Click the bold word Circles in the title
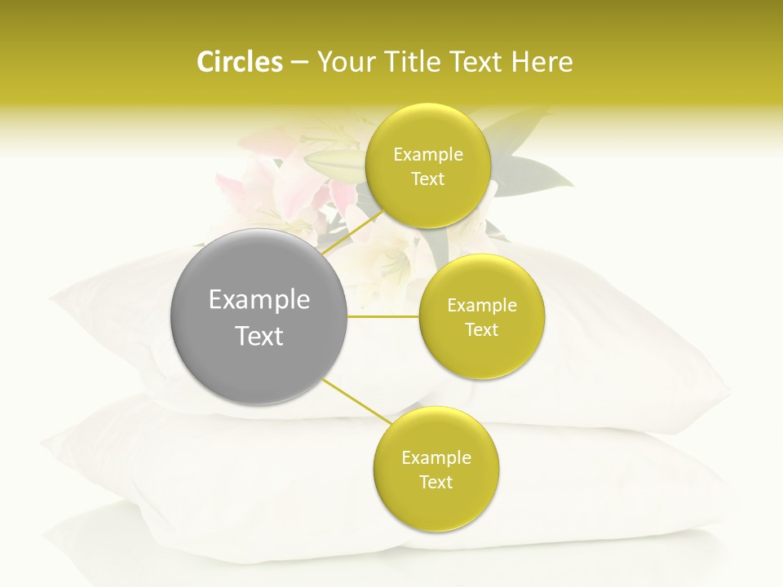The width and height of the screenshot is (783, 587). tap(239, 62)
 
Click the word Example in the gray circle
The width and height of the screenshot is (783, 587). tap(259, 300)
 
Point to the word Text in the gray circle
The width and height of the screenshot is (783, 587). tap(259, 336)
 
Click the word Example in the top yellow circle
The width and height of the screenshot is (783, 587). tap(428, 154)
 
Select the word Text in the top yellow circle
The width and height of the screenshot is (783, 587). tap(428, 179)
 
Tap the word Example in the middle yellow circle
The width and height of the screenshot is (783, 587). tap(482, 305)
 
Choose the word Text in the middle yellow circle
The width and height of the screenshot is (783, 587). tap(482, 329)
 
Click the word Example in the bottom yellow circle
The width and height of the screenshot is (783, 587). tap(436, 457)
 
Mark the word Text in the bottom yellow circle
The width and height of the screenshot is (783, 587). tap(436, 482)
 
